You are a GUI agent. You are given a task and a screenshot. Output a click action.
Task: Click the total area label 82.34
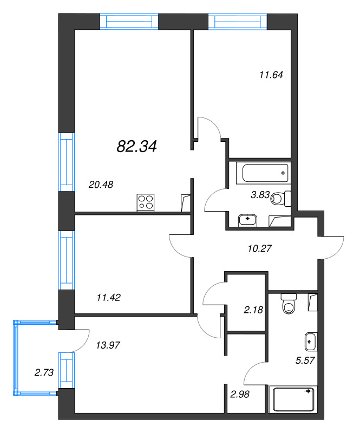pyautogui.click(x=136, y=146)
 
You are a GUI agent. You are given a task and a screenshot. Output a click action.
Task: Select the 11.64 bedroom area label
pyautogui.click(x=271, y=75)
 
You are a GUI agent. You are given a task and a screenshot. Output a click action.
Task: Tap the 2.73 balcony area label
pyautogui.click(x=31, y=372)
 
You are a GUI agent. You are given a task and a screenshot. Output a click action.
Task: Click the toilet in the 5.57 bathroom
pyautogui.click(x=289, y=304)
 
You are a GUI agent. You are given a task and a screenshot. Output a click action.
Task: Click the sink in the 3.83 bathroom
pyautogui.click(x=250, y=219)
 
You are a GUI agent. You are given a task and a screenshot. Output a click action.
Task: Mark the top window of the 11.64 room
pyautogui.click(x=238, y=22)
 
